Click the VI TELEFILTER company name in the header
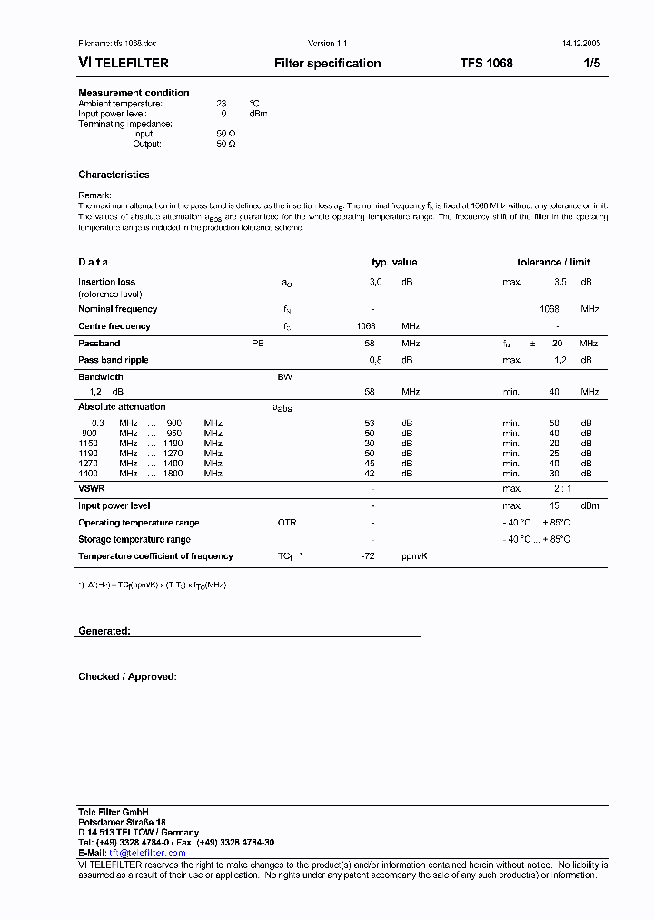coord(124,64)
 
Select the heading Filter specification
coord(327,64)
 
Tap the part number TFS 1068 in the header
coord(486,64)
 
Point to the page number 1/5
coord(590,64)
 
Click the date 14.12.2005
coord(575,44)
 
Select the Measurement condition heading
coord(134,93)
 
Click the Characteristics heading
coord(114,175)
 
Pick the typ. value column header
coord(394,263)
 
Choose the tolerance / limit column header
coord(553,263)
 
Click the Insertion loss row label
coord(106,283)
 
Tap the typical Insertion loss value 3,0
coord(375,283)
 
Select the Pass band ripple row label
coord(113,361)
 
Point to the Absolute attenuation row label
coord(122,407)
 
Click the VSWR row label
coord(91,489)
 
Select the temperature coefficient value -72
coord(369,556)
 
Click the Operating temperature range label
coord(139,523)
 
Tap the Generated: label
coord(104,631)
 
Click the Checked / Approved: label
coord(127,677)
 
